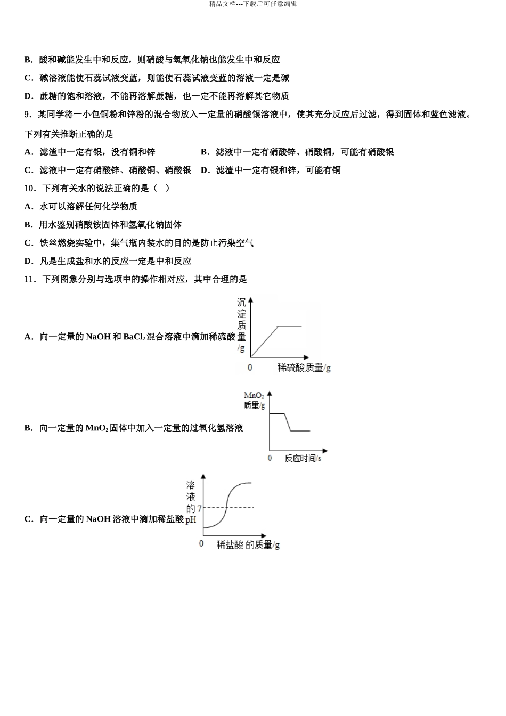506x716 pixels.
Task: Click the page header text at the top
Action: [253, 4]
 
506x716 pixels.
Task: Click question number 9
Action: [28, 115]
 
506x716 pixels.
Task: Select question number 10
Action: [30, 188]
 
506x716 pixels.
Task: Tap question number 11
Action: [30, 279]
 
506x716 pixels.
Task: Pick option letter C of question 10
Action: [28, 243]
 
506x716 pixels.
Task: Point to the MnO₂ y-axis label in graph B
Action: [254, 395]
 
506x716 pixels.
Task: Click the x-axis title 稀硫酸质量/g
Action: [304, 368]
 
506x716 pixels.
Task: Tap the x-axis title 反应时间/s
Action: [303, 458]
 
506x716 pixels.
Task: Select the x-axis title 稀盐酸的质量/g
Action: [248, 544]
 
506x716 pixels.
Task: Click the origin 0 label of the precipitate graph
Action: [250, 368]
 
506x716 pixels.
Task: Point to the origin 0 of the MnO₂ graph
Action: [270, 458]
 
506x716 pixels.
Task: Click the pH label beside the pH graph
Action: [191, 519]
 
